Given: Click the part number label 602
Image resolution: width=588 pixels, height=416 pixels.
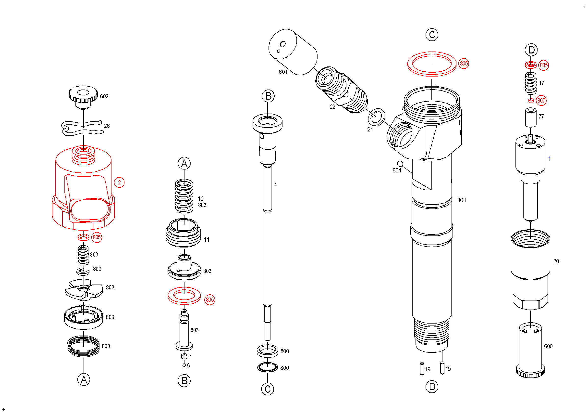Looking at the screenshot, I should tap(104, 96).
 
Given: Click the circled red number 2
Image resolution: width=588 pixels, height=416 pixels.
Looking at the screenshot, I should tap(119, 182).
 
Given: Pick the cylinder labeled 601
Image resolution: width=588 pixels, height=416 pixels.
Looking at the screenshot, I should tap(293, 52).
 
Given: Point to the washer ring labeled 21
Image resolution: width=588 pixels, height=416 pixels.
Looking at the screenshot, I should tap(376, 117).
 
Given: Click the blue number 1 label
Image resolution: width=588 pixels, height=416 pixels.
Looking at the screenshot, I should tap(549, 159).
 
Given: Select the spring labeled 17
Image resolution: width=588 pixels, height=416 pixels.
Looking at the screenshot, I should tap(531, 83).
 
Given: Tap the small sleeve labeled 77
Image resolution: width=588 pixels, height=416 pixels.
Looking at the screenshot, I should tap(531, 118).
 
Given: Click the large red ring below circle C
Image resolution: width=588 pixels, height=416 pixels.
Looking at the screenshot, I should tap(432, 64).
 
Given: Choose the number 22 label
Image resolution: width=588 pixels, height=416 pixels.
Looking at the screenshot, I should tap(332, 107).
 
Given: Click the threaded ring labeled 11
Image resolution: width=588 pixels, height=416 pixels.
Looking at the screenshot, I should tap(183, 234).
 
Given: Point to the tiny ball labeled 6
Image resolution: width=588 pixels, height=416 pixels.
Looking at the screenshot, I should tap(184, 365).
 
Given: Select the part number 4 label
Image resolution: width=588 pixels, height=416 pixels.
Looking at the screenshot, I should tap(276, 184).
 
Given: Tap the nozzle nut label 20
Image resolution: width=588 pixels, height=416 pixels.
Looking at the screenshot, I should tap(556, 261).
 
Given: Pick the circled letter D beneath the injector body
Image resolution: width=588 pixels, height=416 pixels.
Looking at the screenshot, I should tap(432, 387).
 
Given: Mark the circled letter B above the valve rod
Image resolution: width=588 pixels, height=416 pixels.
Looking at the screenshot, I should tap(268, 96).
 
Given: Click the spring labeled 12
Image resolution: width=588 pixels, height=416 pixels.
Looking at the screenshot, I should tap(184, 196).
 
